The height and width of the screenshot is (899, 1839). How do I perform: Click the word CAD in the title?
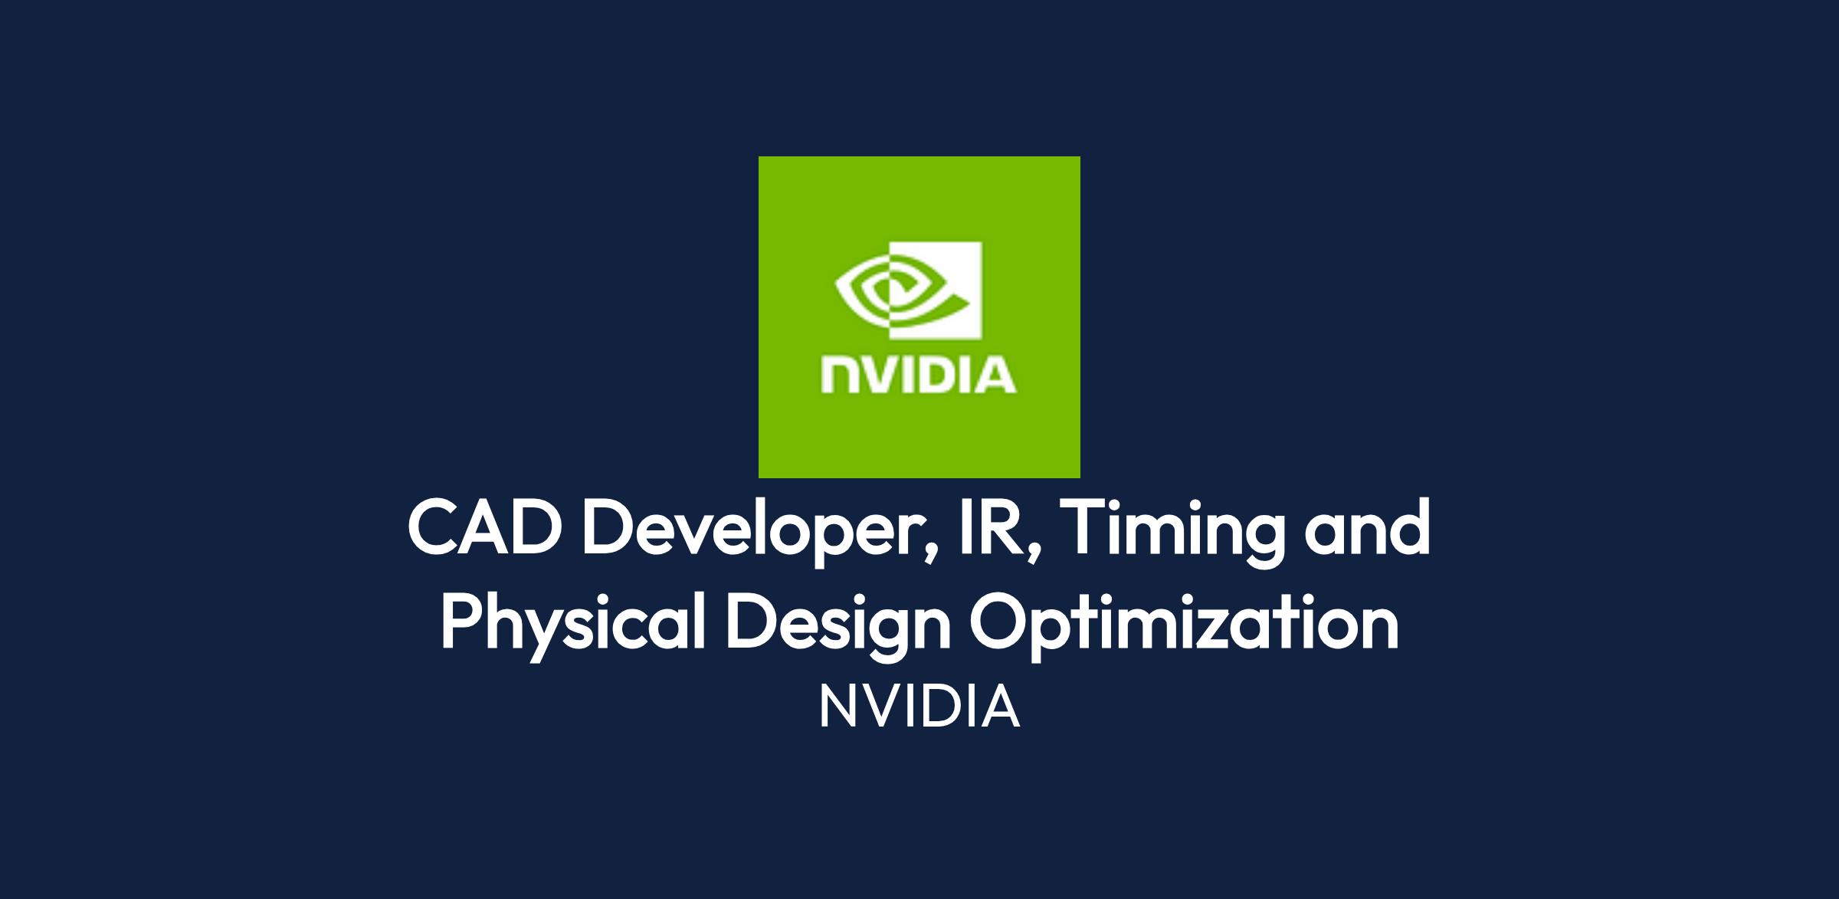coord(481,529)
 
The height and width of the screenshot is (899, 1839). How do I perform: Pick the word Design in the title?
coord(838,625)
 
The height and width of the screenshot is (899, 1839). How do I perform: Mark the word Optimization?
coord(1185,625)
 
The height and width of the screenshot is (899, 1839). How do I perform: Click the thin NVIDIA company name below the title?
coord(919,707)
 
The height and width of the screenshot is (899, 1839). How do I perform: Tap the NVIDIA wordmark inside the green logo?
coord(919,376)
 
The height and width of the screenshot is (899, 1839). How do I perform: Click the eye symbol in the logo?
coord(909,291)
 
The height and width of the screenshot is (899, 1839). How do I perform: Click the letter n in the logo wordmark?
coord(837,376)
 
